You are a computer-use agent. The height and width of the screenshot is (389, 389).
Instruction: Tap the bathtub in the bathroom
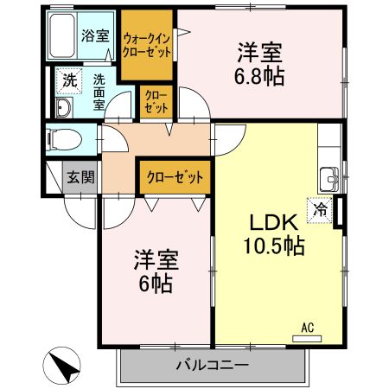pos(62,36)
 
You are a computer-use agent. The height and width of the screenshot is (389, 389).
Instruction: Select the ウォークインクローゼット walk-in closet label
pos(147,45)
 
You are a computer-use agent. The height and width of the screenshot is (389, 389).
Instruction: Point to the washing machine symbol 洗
pos(68,81)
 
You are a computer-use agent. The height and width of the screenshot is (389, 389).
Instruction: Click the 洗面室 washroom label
pos(99,88)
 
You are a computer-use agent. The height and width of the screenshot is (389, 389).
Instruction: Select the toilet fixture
pos(63,138)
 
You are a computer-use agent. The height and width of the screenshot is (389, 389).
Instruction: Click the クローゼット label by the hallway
pos(175,178)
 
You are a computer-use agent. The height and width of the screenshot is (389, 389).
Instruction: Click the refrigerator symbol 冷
pos(321,207)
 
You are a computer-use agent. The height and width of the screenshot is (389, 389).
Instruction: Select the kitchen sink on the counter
pos(329,180)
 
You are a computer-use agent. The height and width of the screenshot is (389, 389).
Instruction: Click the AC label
pos(307,327)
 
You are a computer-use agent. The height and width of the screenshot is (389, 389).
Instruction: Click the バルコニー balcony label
pos(213,365)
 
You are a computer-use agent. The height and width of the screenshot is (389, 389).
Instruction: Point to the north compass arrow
pos(63,367)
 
